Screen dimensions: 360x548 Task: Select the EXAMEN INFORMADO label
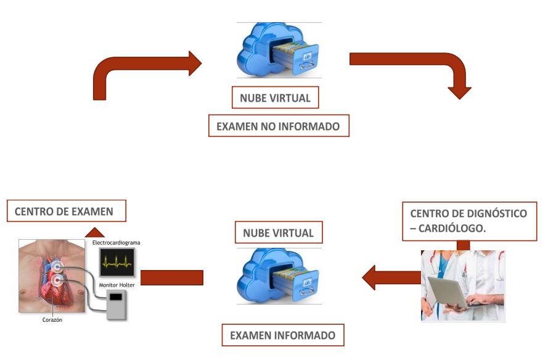point(283,336)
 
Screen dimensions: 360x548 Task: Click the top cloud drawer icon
point(279,50)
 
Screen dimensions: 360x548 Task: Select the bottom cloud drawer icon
point(279,276)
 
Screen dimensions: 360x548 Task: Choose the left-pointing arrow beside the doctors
point(388,277)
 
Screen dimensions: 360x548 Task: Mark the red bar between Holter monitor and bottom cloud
point(172,278)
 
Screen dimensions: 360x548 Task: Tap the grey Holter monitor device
point(115,305)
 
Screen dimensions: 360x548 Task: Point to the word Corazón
point(52,320)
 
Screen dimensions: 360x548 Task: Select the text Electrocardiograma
point(116,243)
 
